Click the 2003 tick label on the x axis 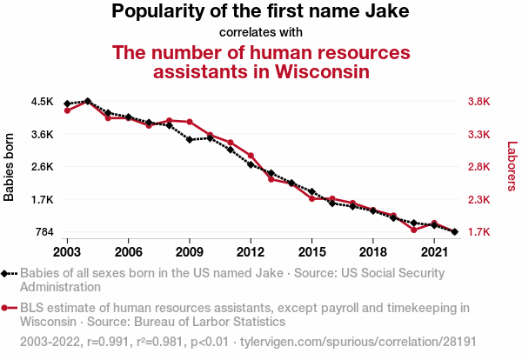click(67, 251)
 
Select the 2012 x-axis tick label click(251, 251)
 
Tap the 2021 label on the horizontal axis click(433, 251)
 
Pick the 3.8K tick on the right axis click(479, 102)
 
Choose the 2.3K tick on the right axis click(479, 200)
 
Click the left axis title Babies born click(10, 167)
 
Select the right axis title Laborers click(512, 167)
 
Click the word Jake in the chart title click(386, 12)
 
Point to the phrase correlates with click(260, 33)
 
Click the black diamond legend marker click(7, 273)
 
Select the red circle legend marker click(7, 307)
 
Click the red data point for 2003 click(67, 110)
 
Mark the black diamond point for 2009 click(190, 139)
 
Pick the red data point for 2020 click(414, 230)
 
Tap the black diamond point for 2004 click(87, 101)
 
